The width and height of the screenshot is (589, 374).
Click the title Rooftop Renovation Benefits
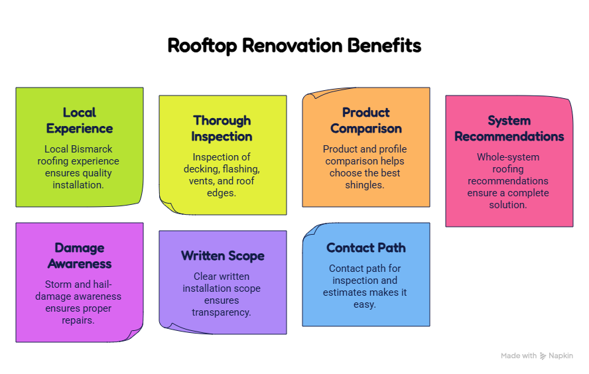point(294,46)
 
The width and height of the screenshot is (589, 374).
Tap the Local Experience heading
point(79,120)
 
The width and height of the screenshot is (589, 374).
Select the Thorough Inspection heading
point(222,128)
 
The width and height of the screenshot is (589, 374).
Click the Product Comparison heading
point(366,120)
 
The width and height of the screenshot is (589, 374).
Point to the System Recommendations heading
point(509,128)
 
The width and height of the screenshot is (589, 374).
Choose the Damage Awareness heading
point(79,255)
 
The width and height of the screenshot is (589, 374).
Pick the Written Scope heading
point(222,256)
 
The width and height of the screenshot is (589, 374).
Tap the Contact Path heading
point(366,248)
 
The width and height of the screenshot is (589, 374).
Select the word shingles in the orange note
point(364,185)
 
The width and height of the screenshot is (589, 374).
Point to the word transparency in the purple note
point(222,312)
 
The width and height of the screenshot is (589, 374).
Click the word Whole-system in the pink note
point(508,157)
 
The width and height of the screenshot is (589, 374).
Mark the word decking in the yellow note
point(200,169)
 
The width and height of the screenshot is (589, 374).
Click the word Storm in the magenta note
point(57,284)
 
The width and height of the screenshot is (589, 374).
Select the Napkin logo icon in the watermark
point(543,355)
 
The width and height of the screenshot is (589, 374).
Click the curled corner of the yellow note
point(171,206)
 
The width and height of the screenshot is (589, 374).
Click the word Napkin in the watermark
point(561,355)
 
